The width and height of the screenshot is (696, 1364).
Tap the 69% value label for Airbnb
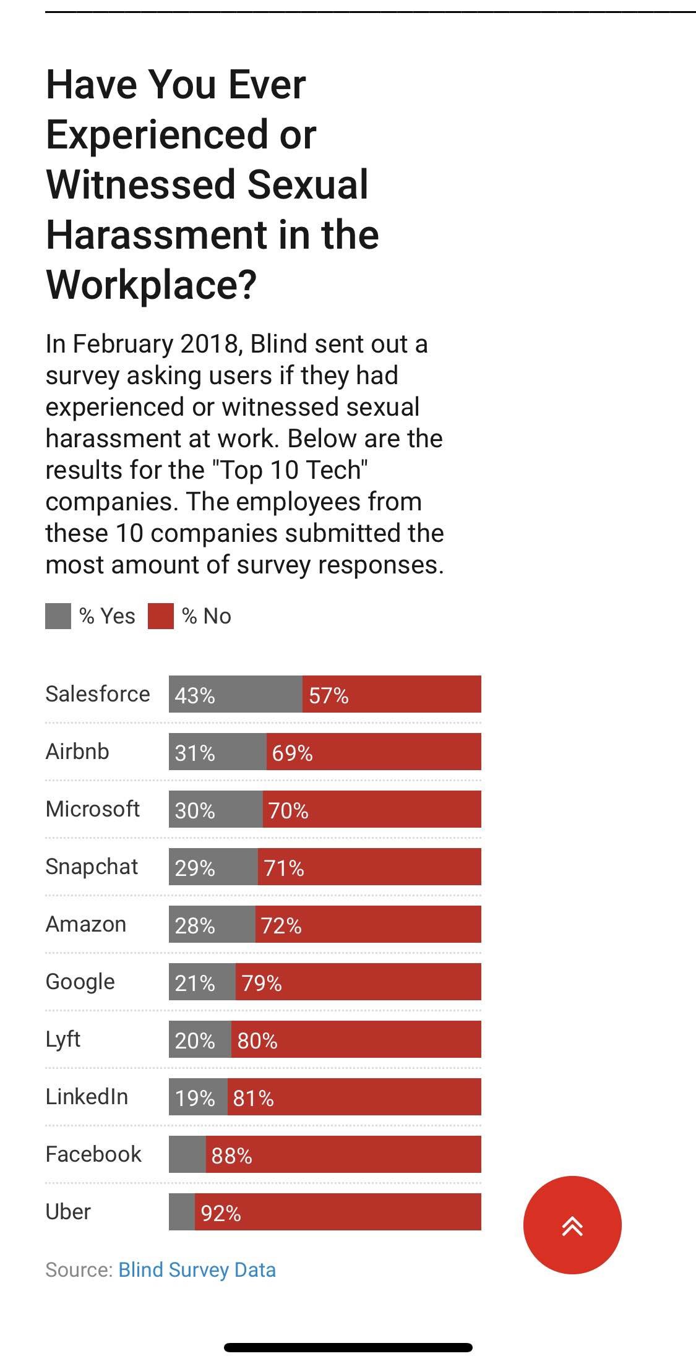pyautogui.click(x=292, y=753)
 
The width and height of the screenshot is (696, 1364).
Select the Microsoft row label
pyautogui.click(x=93, y=809)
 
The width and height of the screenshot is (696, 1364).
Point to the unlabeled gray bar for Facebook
pyautogui.click(x=187, y=1154)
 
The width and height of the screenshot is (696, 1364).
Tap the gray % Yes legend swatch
pyautogui.click(x=58, y=617)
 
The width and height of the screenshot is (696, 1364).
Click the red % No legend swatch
pyautogui.click(x=161, y=617)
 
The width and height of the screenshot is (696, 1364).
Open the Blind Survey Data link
pyautogui.click(x=197, y=1269)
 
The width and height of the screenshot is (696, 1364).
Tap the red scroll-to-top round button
pyautogui.click(x=572, y=1225)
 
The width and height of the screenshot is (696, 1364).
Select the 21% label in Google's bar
pyautogui.click(x=194, y=983)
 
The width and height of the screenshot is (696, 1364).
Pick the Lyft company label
pyautogui.click(x=63, y=1039)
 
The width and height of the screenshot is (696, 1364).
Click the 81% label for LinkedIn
pyautogui.click(x=253, y=1098)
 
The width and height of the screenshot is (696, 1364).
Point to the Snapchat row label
pyautogui.click(x=92, y=867)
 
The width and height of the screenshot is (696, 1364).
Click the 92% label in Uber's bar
pyautogui.click(x=221, y=1213)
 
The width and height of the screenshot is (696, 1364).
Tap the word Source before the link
pyautogui.click(x=78, y=1269)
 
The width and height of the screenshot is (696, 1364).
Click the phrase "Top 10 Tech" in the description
pyautogui.click(x=290, y=470)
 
